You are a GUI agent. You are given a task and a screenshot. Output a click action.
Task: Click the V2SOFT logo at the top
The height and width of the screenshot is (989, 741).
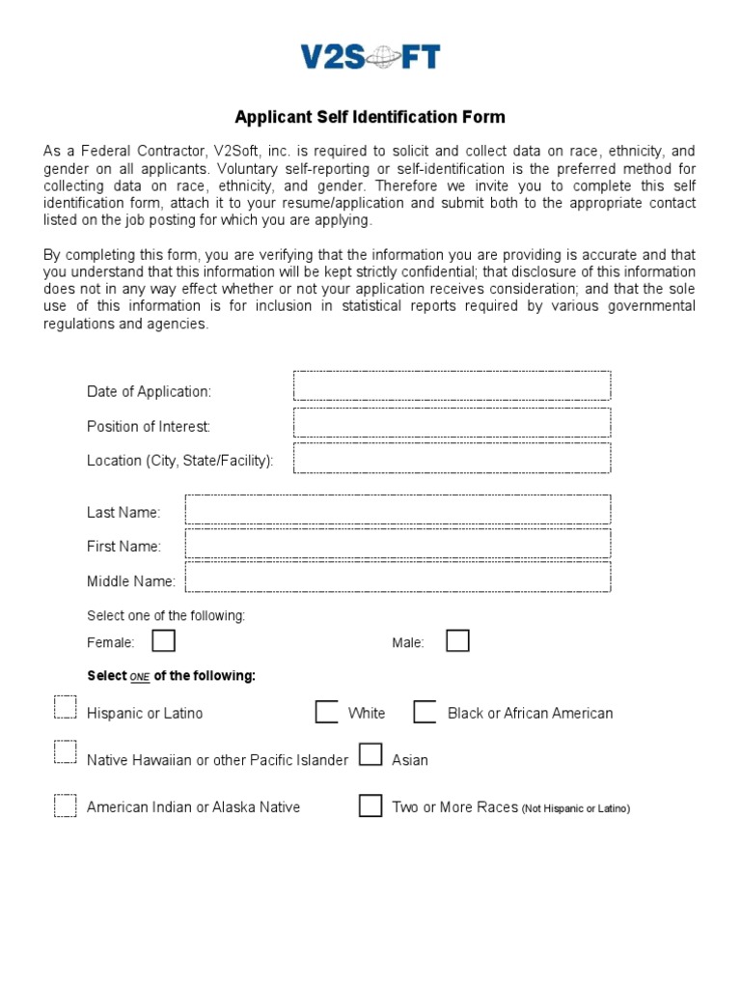370,58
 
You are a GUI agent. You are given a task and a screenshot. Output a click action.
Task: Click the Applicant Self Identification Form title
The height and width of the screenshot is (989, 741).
370,117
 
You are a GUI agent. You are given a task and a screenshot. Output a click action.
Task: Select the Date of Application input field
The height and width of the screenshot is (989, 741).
452,385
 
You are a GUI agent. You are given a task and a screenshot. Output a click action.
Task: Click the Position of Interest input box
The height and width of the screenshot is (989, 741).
452,422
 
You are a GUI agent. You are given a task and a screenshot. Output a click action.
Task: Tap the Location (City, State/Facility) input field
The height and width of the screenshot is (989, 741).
452,458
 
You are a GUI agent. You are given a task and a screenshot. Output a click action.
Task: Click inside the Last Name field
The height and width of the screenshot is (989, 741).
398,510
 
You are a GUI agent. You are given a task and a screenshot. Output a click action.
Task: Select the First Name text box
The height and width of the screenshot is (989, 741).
398,544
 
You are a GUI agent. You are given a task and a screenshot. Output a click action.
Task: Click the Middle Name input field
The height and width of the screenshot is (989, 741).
398,578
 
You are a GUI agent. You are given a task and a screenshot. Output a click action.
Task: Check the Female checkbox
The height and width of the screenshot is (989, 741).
164,640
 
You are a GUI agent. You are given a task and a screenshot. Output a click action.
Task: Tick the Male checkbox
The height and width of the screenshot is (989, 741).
457,640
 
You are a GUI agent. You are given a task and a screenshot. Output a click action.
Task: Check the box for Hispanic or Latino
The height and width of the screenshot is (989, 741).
65,708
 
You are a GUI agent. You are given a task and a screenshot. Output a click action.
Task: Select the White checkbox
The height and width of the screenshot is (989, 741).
326,712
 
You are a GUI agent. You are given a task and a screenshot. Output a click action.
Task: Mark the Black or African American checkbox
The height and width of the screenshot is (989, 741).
425,712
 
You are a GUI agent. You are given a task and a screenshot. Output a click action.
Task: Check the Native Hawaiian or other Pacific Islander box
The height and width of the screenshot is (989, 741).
65,752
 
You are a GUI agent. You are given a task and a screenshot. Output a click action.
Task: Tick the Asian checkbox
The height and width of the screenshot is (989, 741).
370,754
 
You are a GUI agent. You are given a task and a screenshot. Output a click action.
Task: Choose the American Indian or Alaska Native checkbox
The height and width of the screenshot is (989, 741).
65,805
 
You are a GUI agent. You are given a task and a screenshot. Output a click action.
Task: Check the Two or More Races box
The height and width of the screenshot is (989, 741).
370,805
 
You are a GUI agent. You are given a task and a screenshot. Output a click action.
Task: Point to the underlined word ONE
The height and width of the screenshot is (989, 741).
140,677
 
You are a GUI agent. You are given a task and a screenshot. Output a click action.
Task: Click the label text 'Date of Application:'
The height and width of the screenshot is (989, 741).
149,391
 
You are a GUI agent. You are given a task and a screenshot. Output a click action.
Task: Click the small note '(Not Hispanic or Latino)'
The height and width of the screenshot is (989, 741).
576,808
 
